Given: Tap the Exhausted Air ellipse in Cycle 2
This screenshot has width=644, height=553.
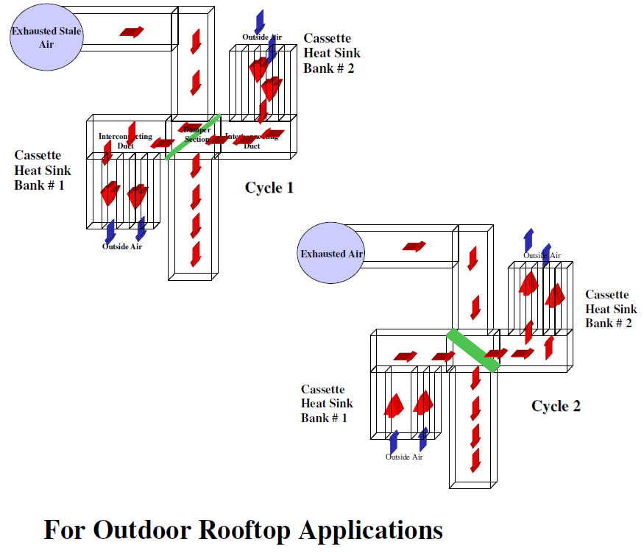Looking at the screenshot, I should [333, 254].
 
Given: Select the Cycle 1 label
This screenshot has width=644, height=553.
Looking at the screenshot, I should [269, 188].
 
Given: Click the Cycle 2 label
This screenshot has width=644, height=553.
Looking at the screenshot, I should [556, 406].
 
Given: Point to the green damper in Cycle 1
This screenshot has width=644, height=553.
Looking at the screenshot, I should [194, 136].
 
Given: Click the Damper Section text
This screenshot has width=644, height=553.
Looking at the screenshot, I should [197, 134].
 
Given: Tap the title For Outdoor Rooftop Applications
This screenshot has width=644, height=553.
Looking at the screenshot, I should [243, 529].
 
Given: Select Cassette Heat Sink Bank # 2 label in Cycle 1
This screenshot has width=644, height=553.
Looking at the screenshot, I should [332, 53].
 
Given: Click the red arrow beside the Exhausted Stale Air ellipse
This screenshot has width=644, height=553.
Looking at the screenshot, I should [132, 32].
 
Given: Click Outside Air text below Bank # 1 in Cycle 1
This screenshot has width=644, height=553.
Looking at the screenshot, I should [122, 246].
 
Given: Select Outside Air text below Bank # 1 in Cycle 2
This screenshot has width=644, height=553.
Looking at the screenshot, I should [406, 457].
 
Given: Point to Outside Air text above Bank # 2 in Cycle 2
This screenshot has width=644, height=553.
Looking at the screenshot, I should [542, 255].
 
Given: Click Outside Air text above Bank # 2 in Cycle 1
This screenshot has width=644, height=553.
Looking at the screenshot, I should [262, 37].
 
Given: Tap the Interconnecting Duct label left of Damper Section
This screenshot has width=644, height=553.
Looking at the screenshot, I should [126, 140].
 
